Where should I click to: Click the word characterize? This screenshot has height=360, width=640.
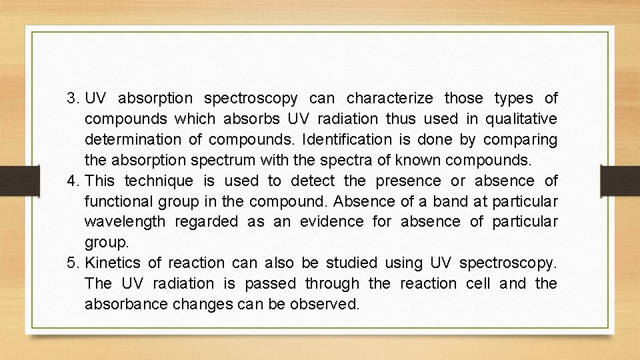(x=390, y=99)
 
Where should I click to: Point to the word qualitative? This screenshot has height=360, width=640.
(x=520, y=119)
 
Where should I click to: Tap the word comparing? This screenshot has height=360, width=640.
(x=520, y=140)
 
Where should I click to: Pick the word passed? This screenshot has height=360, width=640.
(x=270, y=283)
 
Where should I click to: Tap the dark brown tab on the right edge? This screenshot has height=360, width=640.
(x=620, y=179)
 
